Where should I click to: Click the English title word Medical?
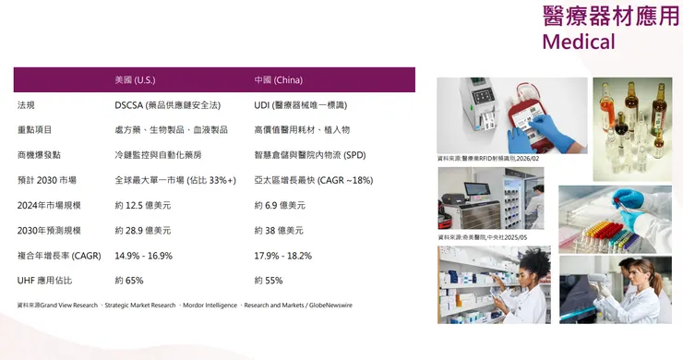click(x=578, y=42)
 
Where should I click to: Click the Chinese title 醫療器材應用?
click(x=609, y=15)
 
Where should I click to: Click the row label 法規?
click(x=27, y=105)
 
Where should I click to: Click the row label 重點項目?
click(x=35, y=130)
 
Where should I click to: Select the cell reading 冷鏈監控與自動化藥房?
click(x=157, y=155)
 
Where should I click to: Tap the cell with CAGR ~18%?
click(x=313, y=180)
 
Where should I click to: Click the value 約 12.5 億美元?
click(x=142, y=205)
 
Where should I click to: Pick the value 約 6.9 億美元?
click(x=279, y=205)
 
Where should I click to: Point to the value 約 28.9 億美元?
click(x=142, y=230)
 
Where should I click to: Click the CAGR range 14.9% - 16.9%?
click(x=143, y=255)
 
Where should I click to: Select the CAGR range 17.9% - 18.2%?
click(x=282, y=255)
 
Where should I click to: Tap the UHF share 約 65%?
click(x=129, y=280)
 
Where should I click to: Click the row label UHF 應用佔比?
click(x=45, y=280)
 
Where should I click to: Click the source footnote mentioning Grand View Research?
click(x=185, y=305)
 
